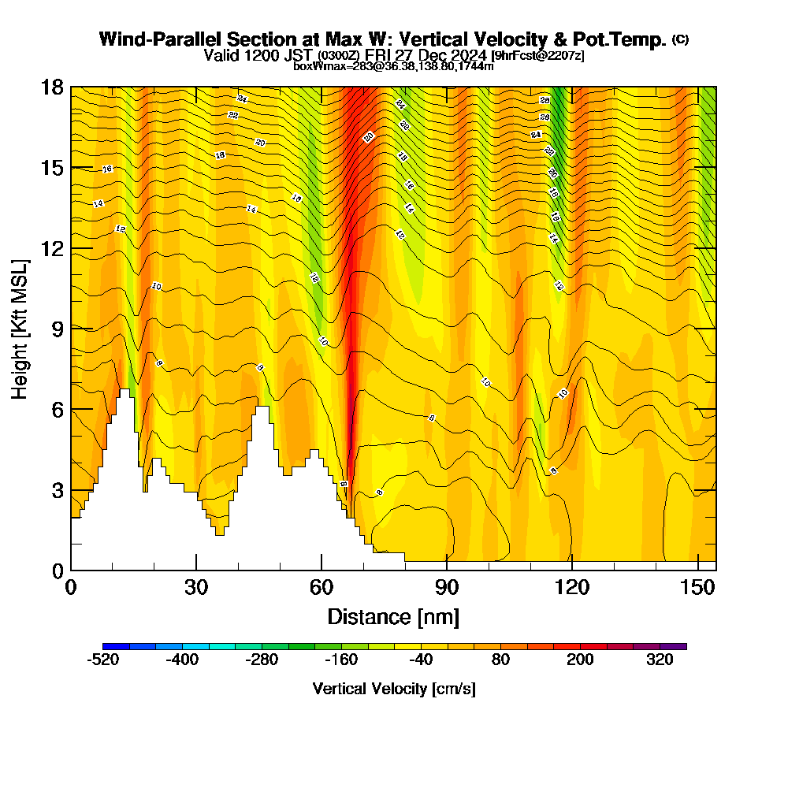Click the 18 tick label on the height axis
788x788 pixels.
click(53, 87)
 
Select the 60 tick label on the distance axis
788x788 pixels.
click(322, 588)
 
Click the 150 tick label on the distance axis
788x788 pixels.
click(696, 588)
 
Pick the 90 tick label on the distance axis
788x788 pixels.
click(447, 588)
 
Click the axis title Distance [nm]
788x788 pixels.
click(393, 615)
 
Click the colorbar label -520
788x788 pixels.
click(102, 660)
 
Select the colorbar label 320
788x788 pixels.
click(660, 660)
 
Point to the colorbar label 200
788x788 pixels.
click(581, 660)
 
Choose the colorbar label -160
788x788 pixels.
click(341, 660)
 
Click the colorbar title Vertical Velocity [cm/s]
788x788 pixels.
click(394, 689)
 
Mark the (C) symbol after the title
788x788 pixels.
click(680, 39)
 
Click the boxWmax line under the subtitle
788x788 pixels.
click(393, 66)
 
